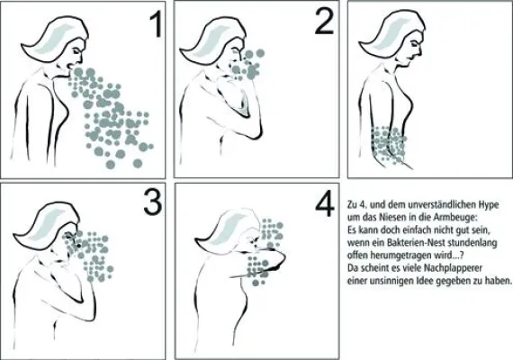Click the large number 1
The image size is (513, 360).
click(x=156, y=25)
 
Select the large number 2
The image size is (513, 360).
click(x=324, y=21)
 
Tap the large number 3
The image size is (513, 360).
click(x=153, y=202)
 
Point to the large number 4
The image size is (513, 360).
click(x=325, y=204)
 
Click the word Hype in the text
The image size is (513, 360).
click(x=489, y=205)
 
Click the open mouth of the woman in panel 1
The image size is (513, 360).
click(x=70, y=66)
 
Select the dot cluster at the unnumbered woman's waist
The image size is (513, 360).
click(x=388, y=144)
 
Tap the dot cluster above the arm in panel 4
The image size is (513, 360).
click(x=272, y=232)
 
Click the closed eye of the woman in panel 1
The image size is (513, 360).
click(x=76, y=51)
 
